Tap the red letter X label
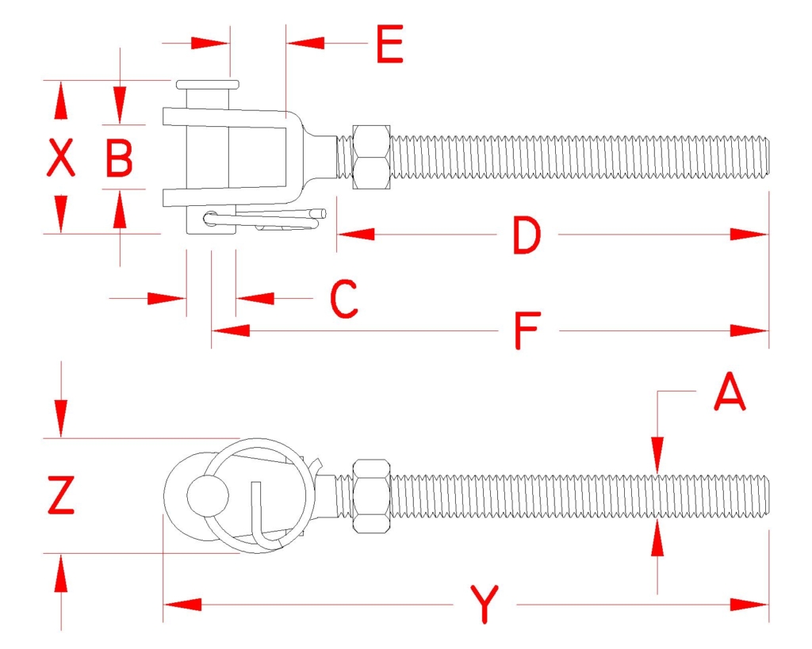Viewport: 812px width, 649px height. coord(61,158)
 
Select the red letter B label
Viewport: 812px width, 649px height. coord(119,158)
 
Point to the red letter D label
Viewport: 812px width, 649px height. coord(527,235)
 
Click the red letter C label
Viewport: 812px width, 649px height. coord(344,299)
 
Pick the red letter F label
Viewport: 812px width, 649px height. coord(527,330)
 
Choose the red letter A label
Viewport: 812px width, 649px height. coord(730,391)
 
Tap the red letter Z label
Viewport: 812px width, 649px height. coord(61,494)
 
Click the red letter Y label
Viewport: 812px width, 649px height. coord(485,604)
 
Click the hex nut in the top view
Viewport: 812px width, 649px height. coord(371,158)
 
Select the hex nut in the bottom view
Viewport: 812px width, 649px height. coord(371,495)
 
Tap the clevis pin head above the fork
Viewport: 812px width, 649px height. coord(208,84)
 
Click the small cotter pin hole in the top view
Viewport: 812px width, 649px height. coord(210,218)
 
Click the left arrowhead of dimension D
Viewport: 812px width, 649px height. coord(355,235)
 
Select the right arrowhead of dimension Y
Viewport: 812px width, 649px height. coord(749,605)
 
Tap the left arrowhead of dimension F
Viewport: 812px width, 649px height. coord(231,330)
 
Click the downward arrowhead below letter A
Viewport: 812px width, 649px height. coord(657,455)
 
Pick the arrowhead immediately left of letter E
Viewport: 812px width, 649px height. coord(305,43)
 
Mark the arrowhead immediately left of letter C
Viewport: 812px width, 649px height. coord(255,298)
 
